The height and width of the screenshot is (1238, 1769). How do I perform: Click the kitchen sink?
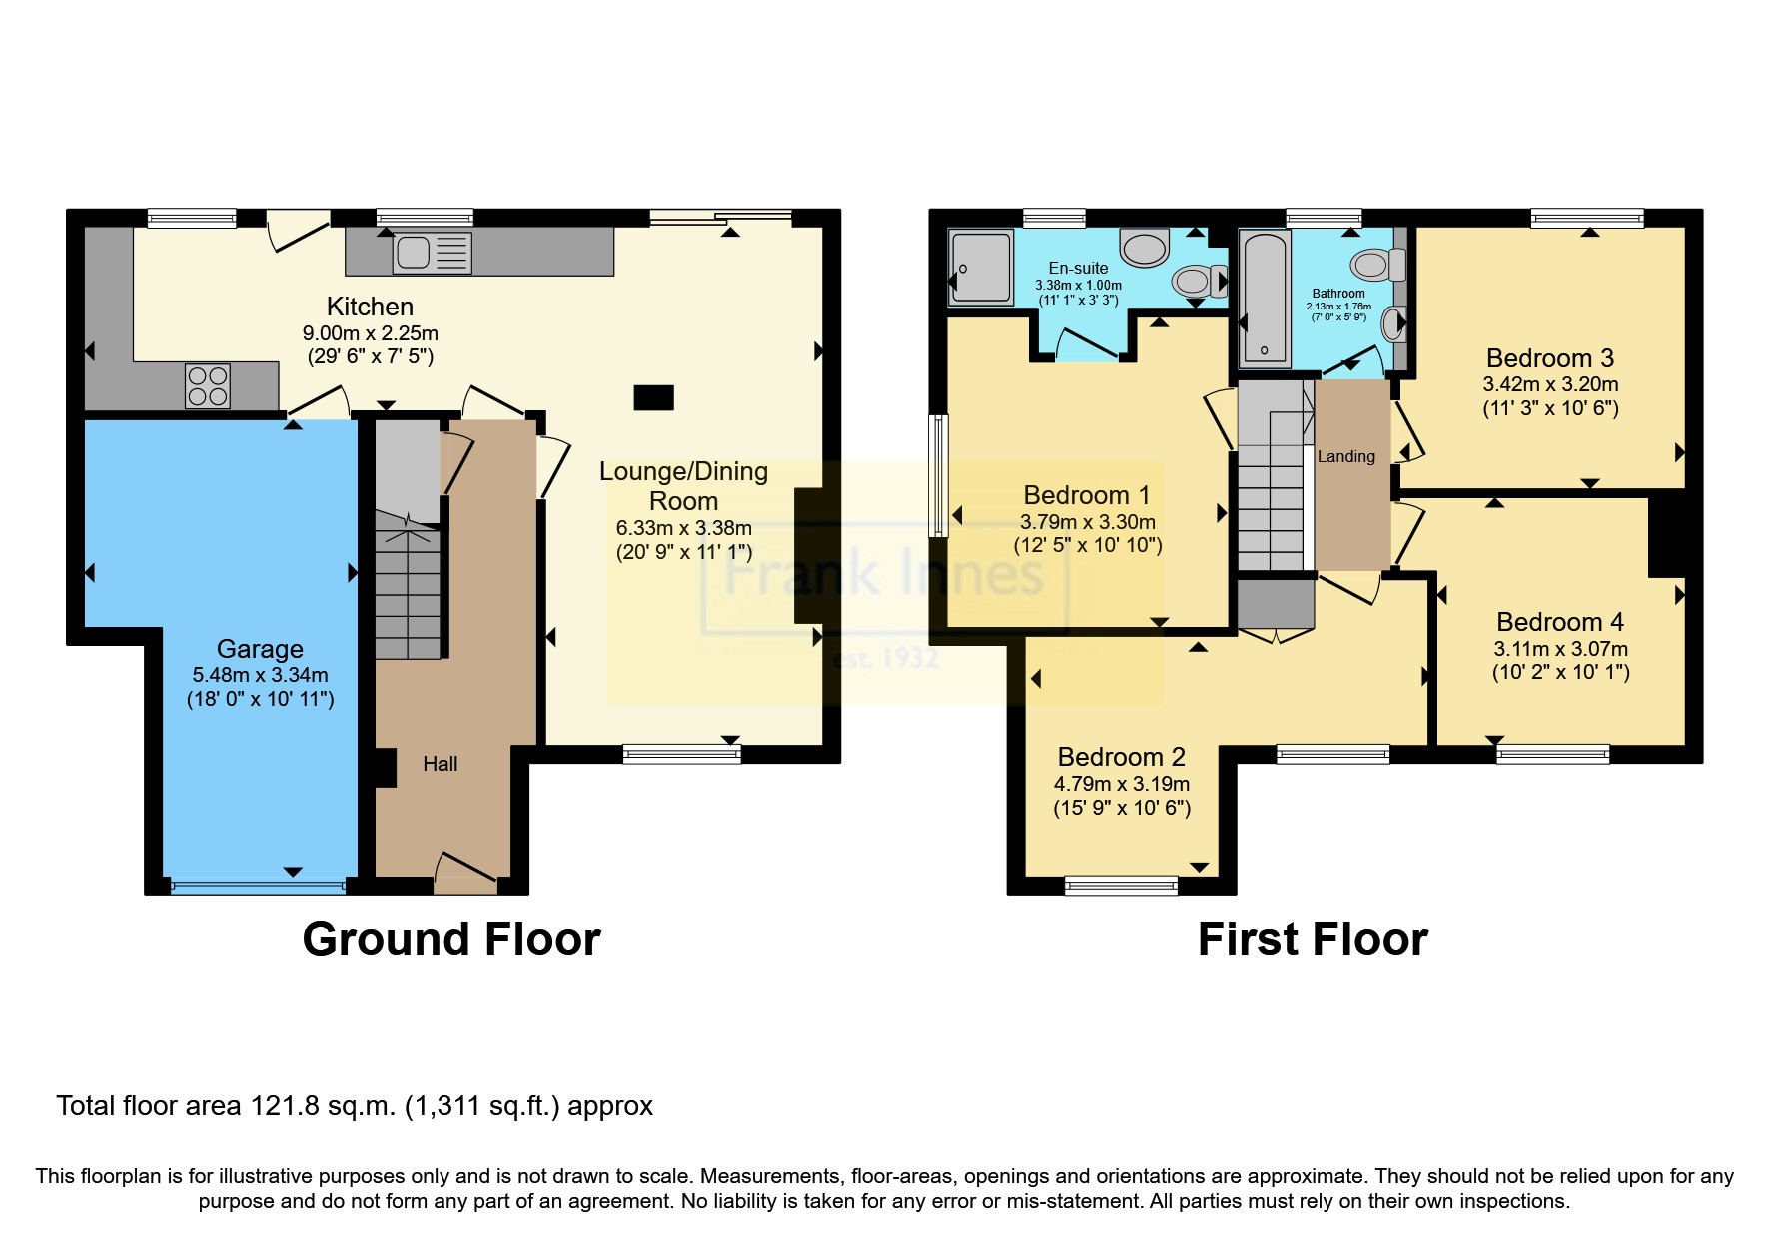(x=432, y=253)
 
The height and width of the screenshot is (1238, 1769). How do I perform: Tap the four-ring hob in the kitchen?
(x=208, y=386)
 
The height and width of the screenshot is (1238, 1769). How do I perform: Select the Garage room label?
(x=260, y=649)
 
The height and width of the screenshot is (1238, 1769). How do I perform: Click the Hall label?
(x=440, y=764)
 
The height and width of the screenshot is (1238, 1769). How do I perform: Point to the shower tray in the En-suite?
(x=980, y=266)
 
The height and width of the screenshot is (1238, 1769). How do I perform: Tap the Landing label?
(x=1345, y=457)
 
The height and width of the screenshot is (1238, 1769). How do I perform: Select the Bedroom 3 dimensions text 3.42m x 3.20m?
(x=1550, y=384)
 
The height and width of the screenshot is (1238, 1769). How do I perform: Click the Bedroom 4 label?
(x=1559, y=622)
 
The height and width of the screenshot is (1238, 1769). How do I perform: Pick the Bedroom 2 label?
(x=1121, y=757)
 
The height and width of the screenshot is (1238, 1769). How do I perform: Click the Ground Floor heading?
(x=451, y=939)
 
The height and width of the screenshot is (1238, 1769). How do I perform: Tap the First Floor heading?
(x=1313, y=939)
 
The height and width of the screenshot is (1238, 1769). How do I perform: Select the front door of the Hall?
(x=465, y=871)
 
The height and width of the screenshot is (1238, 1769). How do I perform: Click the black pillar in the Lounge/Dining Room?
(x=654, y=397)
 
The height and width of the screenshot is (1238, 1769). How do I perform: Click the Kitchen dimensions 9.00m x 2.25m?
(x=370, y=333)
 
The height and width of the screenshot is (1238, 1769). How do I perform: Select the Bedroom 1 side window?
(x=938, y=476)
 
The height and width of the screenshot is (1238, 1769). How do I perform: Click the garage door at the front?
(x=258, y=884)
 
